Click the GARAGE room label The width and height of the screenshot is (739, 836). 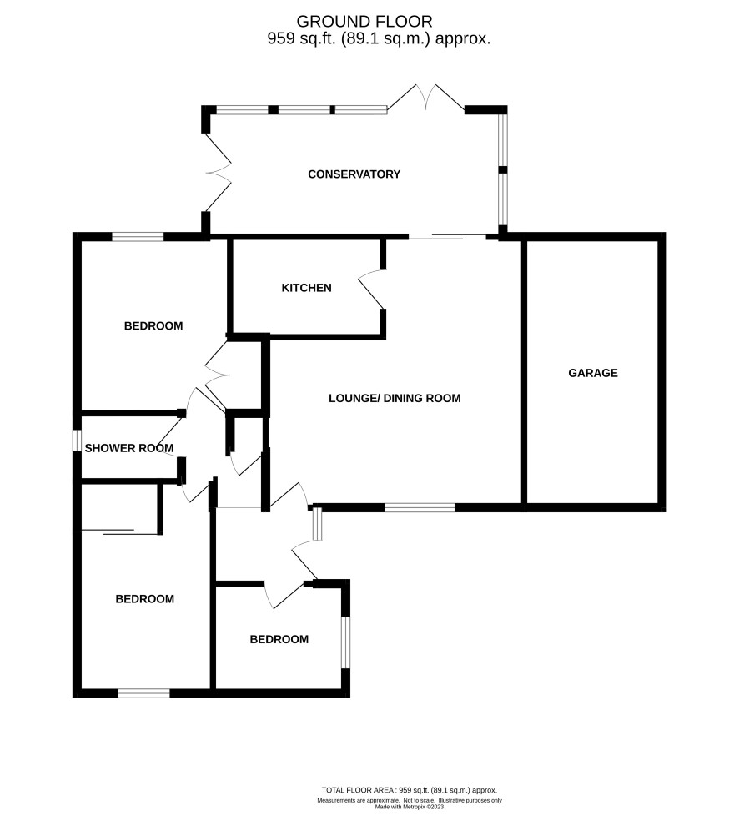click(593, 373)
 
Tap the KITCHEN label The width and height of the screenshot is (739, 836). click(307, 288)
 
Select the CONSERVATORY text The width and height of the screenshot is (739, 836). click(354, 174)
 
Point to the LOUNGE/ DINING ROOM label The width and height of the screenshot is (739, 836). click(395, 398)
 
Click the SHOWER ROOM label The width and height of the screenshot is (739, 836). click(129, 448)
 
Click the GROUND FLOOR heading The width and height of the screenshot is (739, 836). click(364, 22)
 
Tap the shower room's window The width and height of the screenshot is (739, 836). click(77, 441)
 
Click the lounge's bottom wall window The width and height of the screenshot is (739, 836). click(420, 507)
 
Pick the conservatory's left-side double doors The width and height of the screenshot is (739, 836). click(219, 173)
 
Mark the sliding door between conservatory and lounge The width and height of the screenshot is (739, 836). click(447, 237)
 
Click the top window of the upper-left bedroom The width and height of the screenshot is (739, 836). click(138, 237)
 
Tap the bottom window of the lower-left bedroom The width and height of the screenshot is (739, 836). click(144, 693)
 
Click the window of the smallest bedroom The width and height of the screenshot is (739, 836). click(345, 642)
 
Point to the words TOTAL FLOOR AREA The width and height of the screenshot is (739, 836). click(358, 790)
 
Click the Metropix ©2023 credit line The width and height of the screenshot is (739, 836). click(410, 807)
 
